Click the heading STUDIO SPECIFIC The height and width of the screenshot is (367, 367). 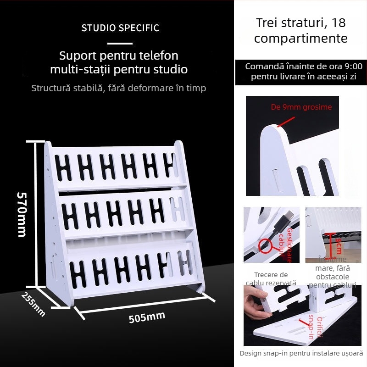pyautogui.click(x=120, y=28)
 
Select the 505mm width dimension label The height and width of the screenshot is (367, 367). pyautogui.click(x=146, y=317)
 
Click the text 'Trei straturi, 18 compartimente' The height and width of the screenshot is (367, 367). pyautogui.click(x=300, y=30)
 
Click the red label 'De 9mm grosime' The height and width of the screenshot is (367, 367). pyautogui.click(x=301, y=107)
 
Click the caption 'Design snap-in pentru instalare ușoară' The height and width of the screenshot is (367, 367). pyautogui.click(x=301, y=353)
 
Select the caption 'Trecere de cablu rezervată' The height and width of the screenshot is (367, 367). pyautogui.click(x=271, y=279)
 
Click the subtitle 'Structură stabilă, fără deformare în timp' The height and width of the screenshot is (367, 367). pyautogui.click(x=119, y=88)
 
